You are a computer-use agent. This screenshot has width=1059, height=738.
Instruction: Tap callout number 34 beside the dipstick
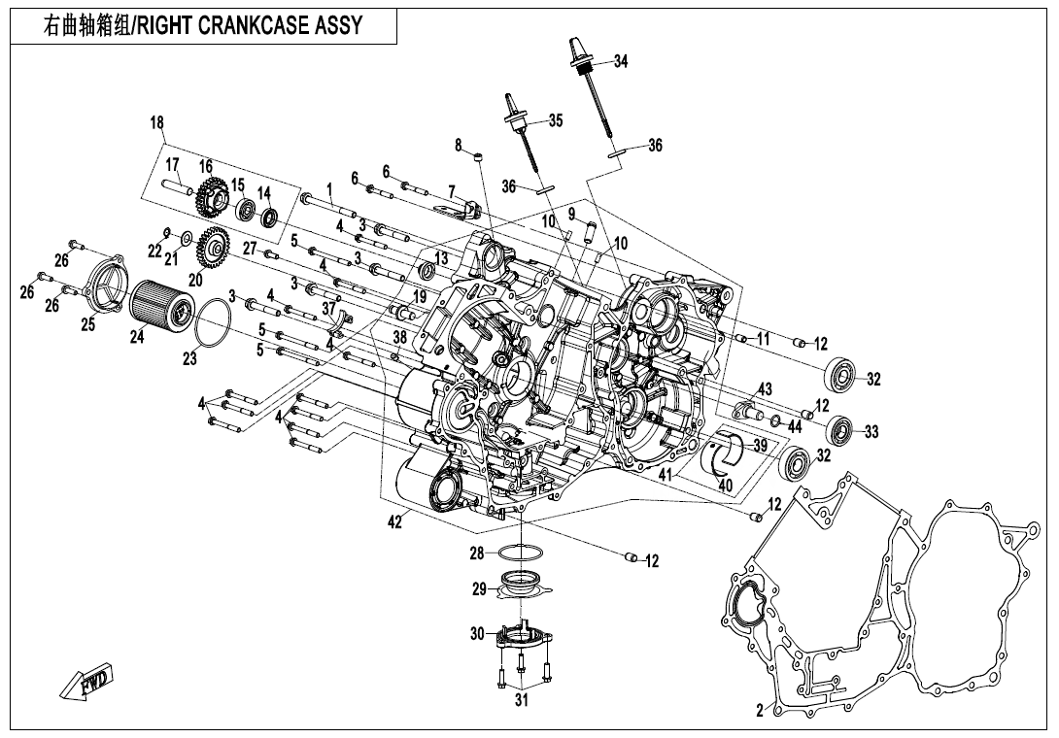click(621, 62)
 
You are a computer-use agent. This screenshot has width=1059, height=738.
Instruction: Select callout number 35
click(555, 120)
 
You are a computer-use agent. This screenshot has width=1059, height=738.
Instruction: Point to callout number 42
click(394, 522)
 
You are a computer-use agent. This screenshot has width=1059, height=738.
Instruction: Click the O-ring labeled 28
click(521, 554)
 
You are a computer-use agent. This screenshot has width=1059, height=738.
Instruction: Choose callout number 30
click(477, 634)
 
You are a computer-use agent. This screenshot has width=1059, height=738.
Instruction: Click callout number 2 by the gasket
click(760, 710)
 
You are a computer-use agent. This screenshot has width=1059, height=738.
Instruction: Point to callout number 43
click(766, 389)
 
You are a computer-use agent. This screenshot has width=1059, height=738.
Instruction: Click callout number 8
click(459, 146)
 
